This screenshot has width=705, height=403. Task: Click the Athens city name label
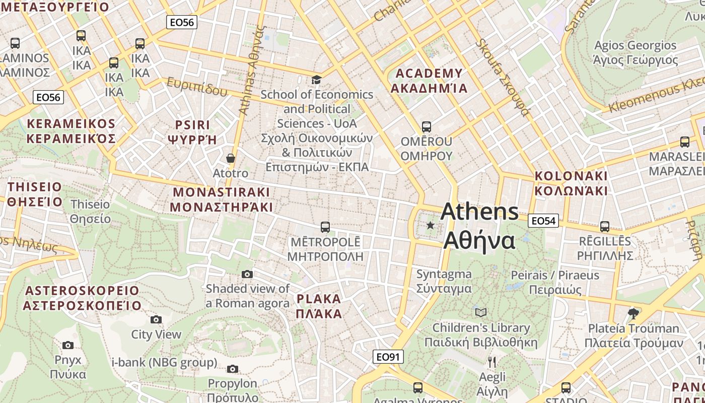(x=479, y=226)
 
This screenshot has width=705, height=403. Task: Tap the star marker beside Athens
(x=430, y=225)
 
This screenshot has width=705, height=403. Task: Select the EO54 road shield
(x=543, y=221)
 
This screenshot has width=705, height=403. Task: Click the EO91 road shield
(x=388, y=357)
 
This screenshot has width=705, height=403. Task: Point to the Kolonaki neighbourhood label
(x=571, y=183)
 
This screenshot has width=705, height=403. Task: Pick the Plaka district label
(x=319, y=306)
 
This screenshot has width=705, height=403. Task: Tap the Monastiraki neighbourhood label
(x=221, y=199)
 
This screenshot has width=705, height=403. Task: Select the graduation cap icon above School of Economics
(x=316, y=80)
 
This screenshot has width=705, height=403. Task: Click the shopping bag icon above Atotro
(x=231, y=158)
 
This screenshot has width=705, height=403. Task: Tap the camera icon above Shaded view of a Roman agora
(x=247, y=274)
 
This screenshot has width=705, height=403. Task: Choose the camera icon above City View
(x=156, y=319)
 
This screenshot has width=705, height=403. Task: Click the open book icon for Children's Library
(x=481, y=312)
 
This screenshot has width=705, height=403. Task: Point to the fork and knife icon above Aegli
(x=492, y=362)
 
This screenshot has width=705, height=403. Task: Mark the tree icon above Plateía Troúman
(x=633, y=313)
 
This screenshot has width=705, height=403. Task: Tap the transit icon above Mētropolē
(x=325, y=227)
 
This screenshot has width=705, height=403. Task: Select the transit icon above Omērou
(x=427, y=126)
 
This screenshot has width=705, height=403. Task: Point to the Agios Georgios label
(x=636, y=52)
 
